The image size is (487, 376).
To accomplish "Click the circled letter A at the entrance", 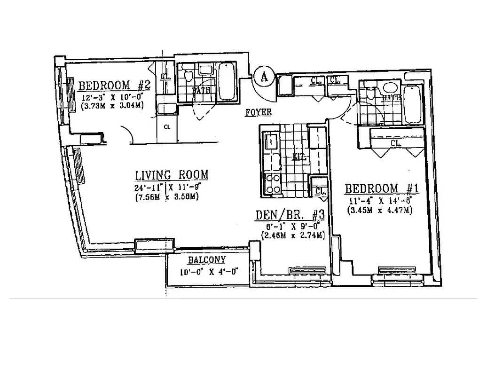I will click(x=264, y=76).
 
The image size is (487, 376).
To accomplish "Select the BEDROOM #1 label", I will click(x=381, y=189).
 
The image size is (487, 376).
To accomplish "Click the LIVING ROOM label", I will click(x=171, y=175).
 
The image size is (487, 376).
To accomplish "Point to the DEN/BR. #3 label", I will click(x=290, y=215).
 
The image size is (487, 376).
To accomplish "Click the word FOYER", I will click(x=258, y=113).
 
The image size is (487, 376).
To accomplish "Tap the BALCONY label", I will click(x=207, y=260).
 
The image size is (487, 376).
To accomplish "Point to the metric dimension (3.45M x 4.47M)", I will click(x=380, y=210).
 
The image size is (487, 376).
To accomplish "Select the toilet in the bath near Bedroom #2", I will click(x=189, y=75).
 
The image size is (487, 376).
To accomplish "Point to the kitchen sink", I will click(x=271, y=141).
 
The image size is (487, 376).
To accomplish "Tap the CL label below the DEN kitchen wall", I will click(x=321, y=191).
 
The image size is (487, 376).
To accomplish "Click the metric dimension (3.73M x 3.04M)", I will click(x=111, y=106).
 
